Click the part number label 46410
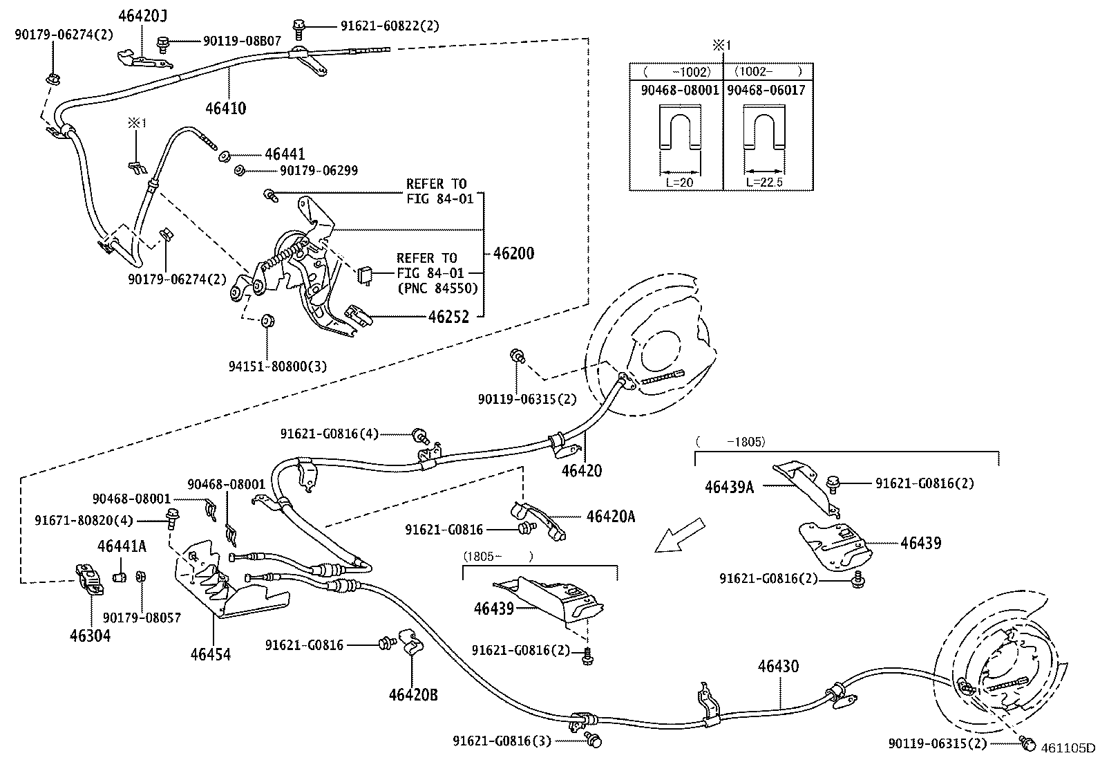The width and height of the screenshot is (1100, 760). pos(225,108)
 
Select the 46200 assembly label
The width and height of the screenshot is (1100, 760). pos(513,254)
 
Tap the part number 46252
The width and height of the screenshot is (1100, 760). pos(448,317)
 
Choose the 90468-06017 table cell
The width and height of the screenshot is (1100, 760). pos(766,90)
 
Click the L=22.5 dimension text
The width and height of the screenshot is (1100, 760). pos(765,182)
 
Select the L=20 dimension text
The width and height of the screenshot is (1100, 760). pos(680,182)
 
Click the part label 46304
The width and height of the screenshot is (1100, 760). pos(90,635)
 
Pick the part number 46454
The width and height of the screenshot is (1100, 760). pos(211,654)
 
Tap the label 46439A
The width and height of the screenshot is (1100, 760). pos(729,487)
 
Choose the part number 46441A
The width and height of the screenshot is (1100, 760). pos(122,546)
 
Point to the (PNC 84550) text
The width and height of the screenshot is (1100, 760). pos(437,288)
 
